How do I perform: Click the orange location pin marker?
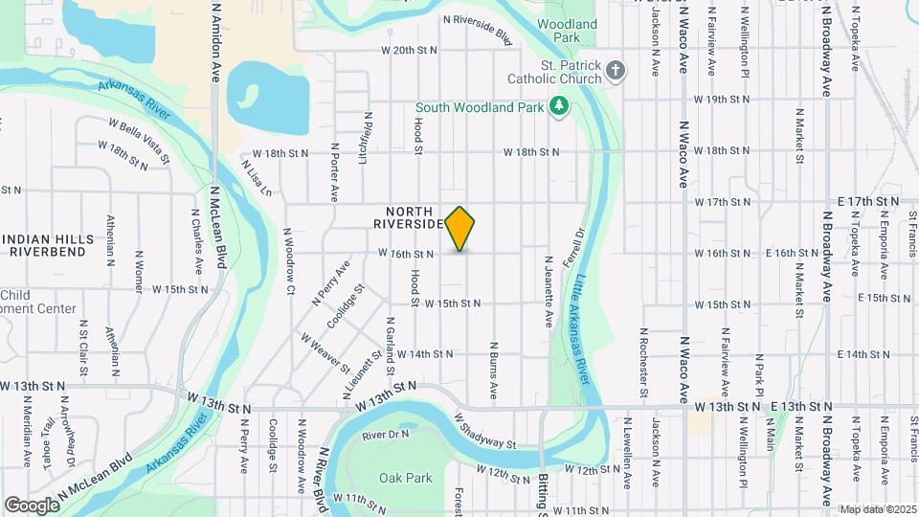(x=460, y=229)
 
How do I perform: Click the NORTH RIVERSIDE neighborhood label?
(x=410, y=217)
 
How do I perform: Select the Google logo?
(x=32, y=505)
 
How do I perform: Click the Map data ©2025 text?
(x=877, y=509)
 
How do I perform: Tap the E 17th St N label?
(x=867, y=201)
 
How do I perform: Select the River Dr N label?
(x=386, y=436)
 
